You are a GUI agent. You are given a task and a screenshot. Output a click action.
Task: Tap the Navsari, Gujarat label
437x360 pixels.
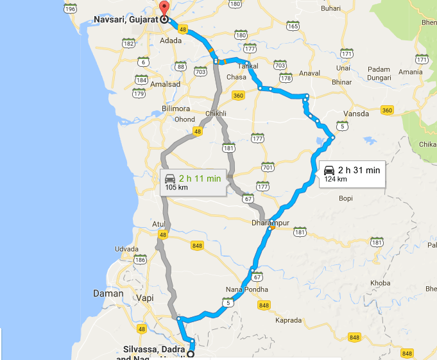tap(126, 19)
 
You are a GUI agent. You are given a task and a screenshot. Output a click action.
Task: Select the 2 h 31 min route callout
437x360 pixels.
tap(352, 173)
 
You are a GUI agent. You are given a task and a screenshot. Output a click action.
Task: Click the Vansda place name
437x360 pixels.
tap(357, 114)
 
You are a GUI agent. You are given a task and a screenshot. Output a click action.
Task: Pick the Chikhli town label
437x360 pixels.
tap(216, 114)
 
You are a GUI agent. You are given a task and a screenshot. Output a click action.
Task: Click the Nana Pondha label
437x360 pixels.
tap(246, 289)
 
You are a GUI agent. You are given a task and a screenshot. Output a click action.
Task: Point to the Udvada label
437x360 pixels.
tap(126, 248)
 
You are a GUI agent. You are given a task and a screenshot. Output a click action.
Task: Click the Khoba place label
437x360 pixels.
tap(380, 283)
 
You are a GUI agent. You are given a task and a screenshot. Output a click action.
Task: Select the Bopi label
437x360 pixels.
tap(346, 198)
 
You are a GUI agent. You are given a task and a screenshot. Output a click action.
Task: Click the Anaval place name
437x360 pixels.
tap(309, 73)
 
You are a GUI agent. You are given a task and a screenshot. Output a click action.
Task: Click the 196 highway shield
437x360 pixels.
tap(71, 9)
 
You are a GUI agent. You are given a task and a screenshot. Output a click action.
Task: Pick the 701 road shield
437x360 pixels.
tap(268, 167)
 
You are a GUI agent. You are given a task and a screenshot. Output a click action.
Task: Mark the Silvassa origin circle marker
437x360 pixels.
tap(191, 354)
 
